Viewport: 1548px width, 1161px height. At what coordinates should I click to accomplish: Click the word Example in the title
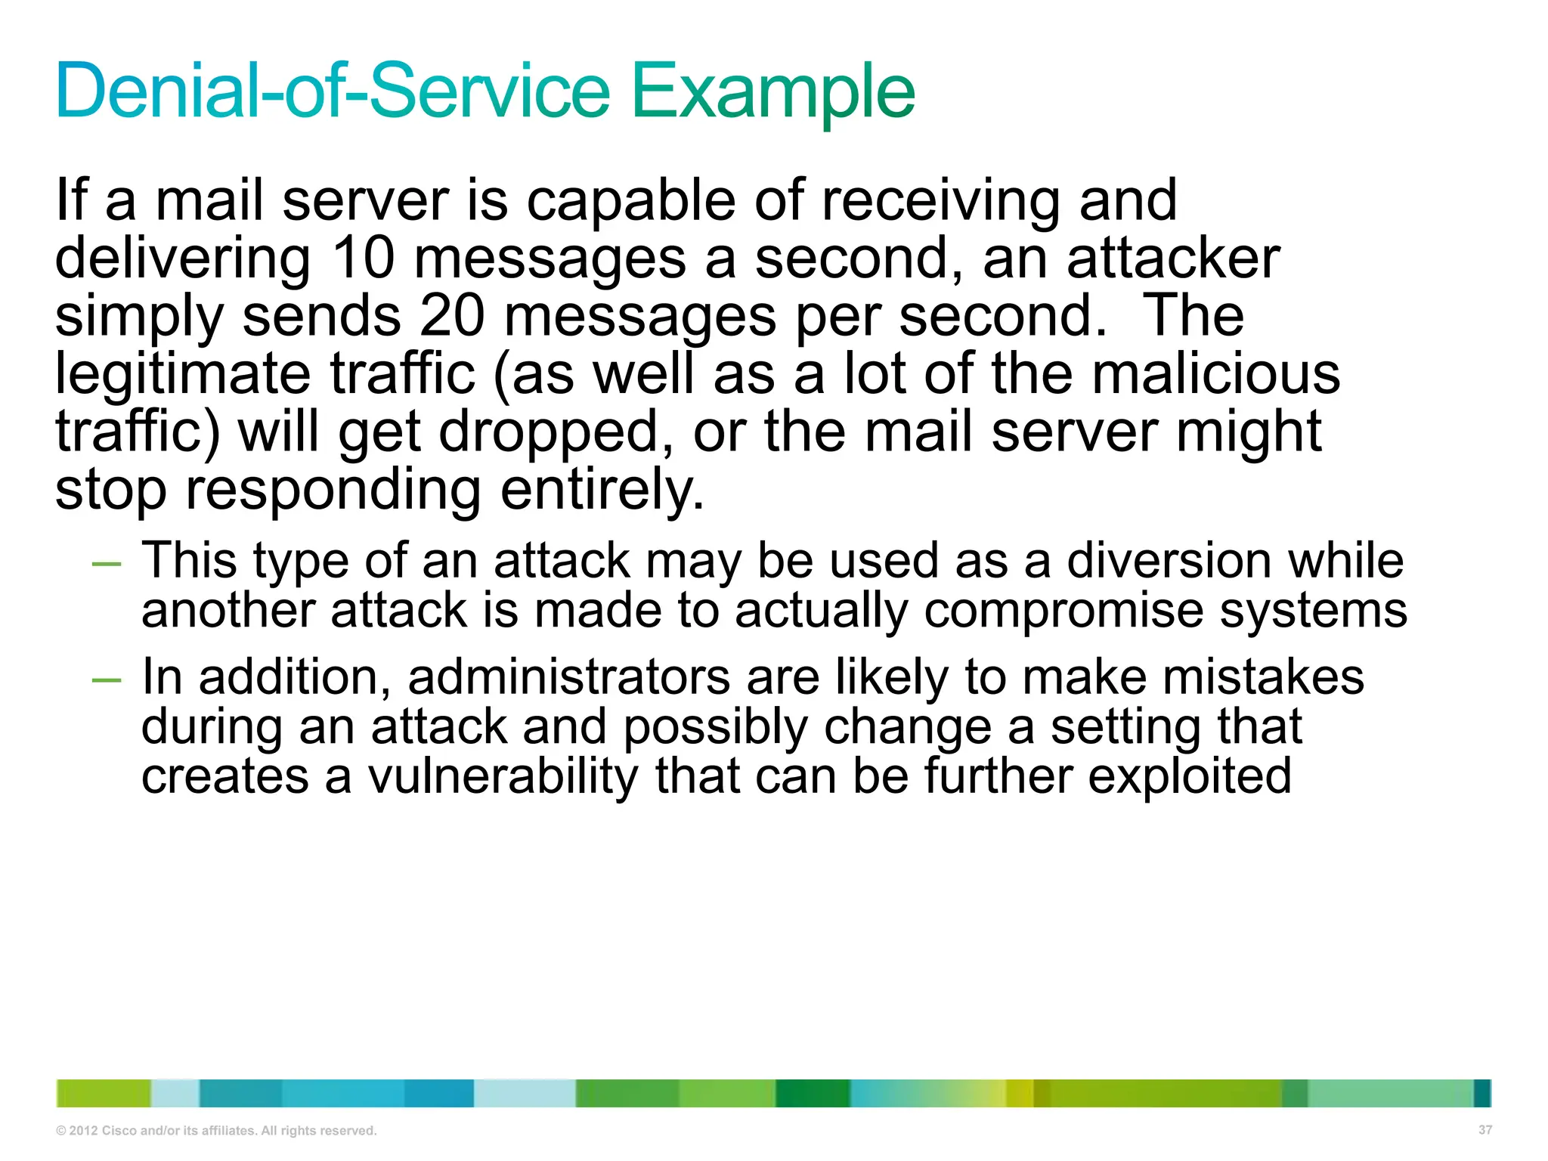click(772, 92)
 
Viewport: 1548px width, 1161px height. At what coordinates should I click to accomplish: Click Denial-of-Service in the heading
click(333, 92)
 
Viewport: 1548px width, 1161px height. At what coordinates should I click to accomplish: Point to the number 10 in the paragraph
click(363, 258)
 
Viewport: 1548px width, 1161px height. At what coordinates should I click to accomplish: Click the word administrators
click(568, 676)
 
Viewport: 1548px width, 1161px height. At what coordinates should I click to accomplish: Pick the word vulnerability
click(503, 776)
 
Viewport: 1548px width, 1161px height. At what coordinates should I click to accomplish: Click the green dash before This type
click(106, 564)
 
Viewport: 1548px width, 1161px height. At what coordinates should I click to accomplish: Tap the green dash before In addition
click(106, 680)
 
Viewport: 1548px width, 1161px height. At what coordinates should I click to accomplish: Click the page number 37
click(1485, 1130)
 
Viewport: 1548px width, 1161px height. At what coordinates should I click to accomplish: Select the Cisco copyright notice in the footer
click(216, 1131)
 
